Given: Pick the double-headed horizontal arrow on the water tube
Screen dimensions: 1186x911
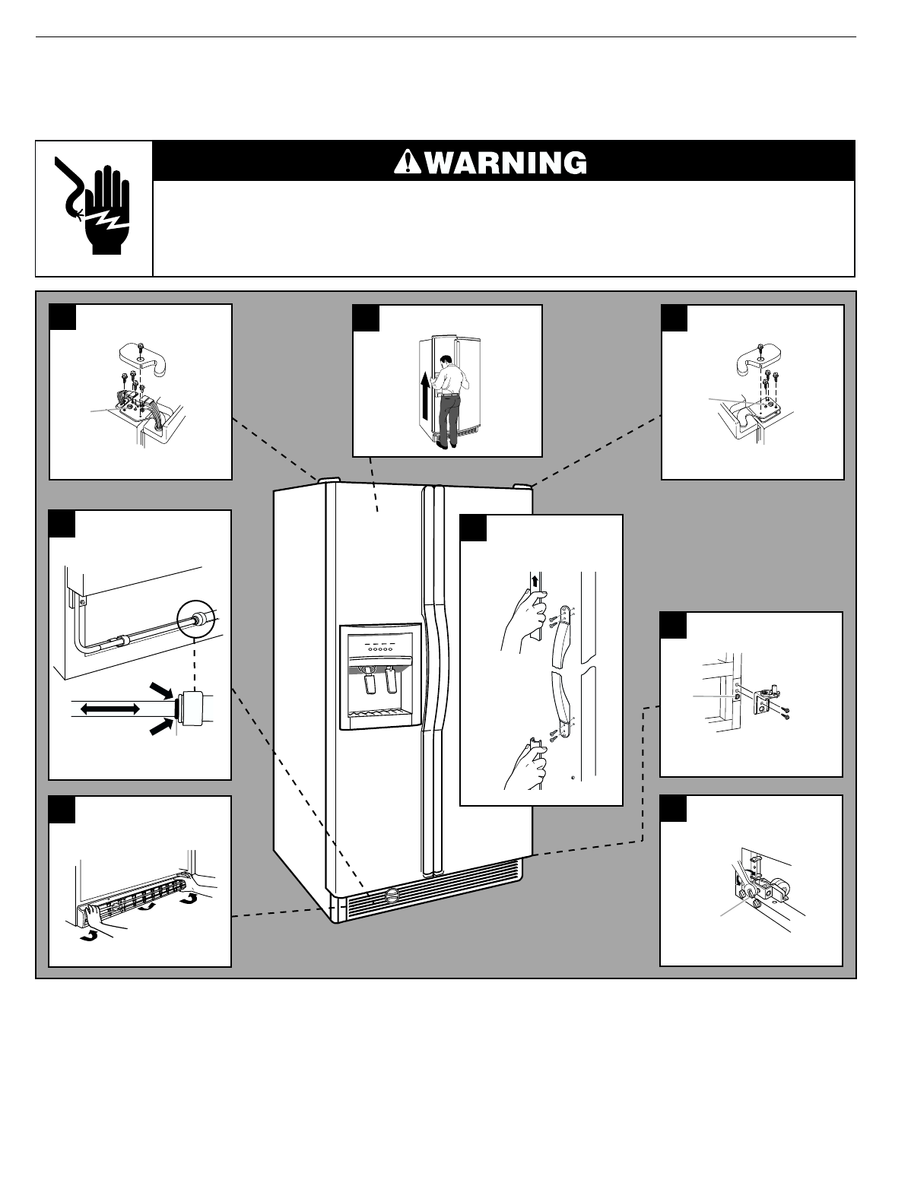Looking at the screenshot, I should (x=110, y=709).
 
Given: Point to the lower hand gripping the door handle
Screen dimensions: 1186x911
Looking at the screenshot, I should (x=526, y=768).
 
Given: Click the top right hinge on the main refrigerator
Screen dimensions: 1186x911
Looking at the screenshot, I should (x=522, y=485).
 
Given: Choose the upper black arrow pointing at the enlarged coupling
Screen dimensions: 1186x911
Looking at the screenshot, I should (x=162, y=690).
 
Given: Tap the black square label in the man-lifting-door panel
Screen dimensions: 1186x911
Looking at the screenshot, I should (x=366, y=318).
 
